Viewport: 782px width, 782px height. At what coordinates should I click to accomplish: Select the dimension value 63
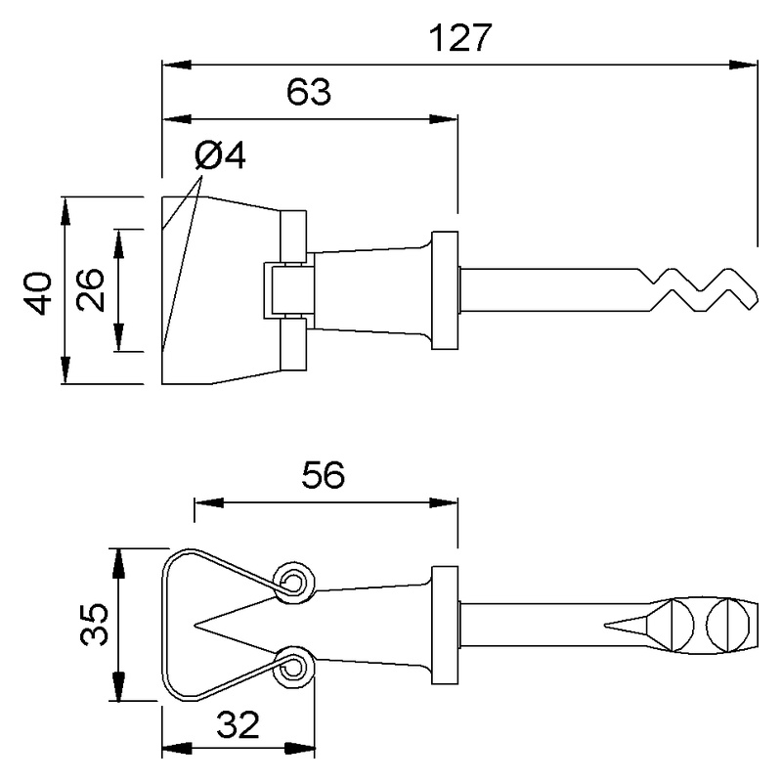(309, 94)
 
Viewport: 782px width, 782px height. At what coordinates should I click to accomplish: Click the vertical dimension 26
(91, 290)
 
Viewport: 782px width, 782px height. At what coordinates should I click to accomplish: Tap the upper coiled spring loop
(294, 582)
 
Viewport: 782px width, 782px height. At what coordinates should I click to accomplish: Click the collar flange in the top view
(446, 290)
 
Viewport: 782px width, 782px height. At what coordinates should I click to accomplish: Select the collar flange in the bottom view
(446, 625)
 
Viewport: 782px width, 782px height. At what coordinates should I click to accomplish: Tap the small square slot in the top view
(285, 290)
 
